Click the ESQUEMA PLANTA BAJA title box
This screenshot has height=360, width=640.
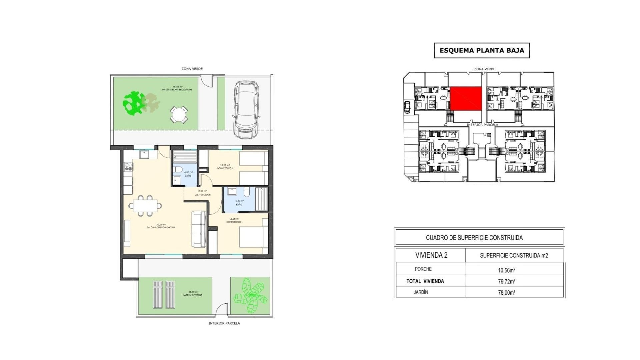(x=482, y=51)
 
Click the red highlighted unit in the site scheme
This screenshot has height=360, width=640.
(x=466, y=98)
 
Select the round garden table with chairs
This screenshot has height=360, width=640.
(x=179, y=114)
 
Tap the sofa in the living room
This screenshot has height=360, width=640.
(x=199, y=229)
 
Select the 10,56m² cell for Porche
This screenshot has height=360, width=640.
(x=507, y=270)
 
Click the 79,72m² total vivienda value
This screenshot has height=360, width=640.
(x=507, y=281)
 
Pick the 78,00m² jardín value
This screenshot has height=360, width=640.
(x=507, y=293)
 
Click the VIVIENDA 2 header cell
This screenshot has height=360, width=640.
(x=431, y=255)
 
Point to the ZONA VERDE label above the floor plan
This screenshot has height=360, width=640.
(x=192, y=69)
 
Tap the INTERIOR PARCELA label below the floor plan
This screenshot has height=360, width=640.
(x=224, y=323)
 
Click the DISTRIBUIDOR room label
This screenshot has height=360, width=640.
(x=202, y=195)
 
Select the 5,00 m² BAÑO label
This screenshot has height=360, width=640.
(x=239, y=203)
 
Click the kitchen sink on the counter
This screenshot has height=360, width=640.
(x=144, y=154)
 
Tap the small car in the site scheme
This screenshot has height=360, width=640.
(x=407, y=107)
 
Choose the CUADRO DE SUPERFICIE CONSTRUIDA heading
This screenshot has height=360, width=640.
(x=474, y=238)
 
